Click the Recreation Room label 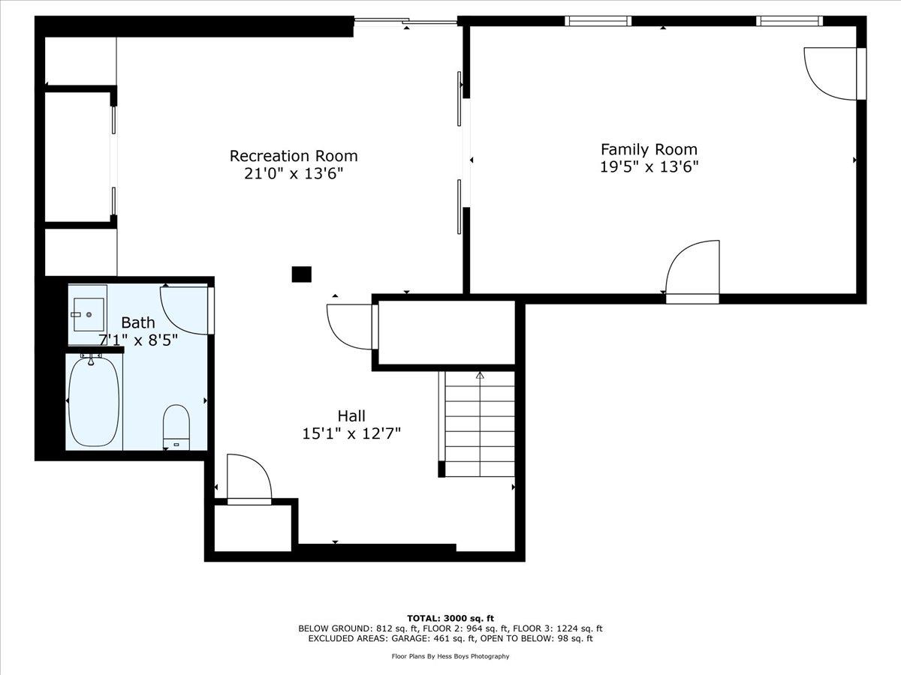(x=294, y=156)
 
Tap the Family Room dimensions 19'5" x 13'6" (x=649, y=167)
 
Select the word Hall (x=351, y=416)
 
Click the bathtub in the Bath (x=94, y=402)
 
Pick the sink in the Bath (x=89, y=314)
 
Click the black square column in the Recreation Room (x=302, y=274)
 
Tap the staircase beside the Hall (x=477, y=424)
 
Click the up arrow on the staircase (x=480, y=376)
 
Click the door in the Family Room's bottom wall (x=692, y=271)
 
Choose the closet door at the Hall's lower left (x=249, y=479)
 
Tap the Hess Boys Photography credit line (x=450, y=656)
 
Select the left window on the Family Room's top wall (x=598, y=21)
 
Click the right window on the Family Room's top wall (x=790, y=21)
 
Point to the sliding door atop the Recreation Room (x=405, y=20)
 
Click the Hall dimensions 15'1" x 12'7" (x=351, y=433)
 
